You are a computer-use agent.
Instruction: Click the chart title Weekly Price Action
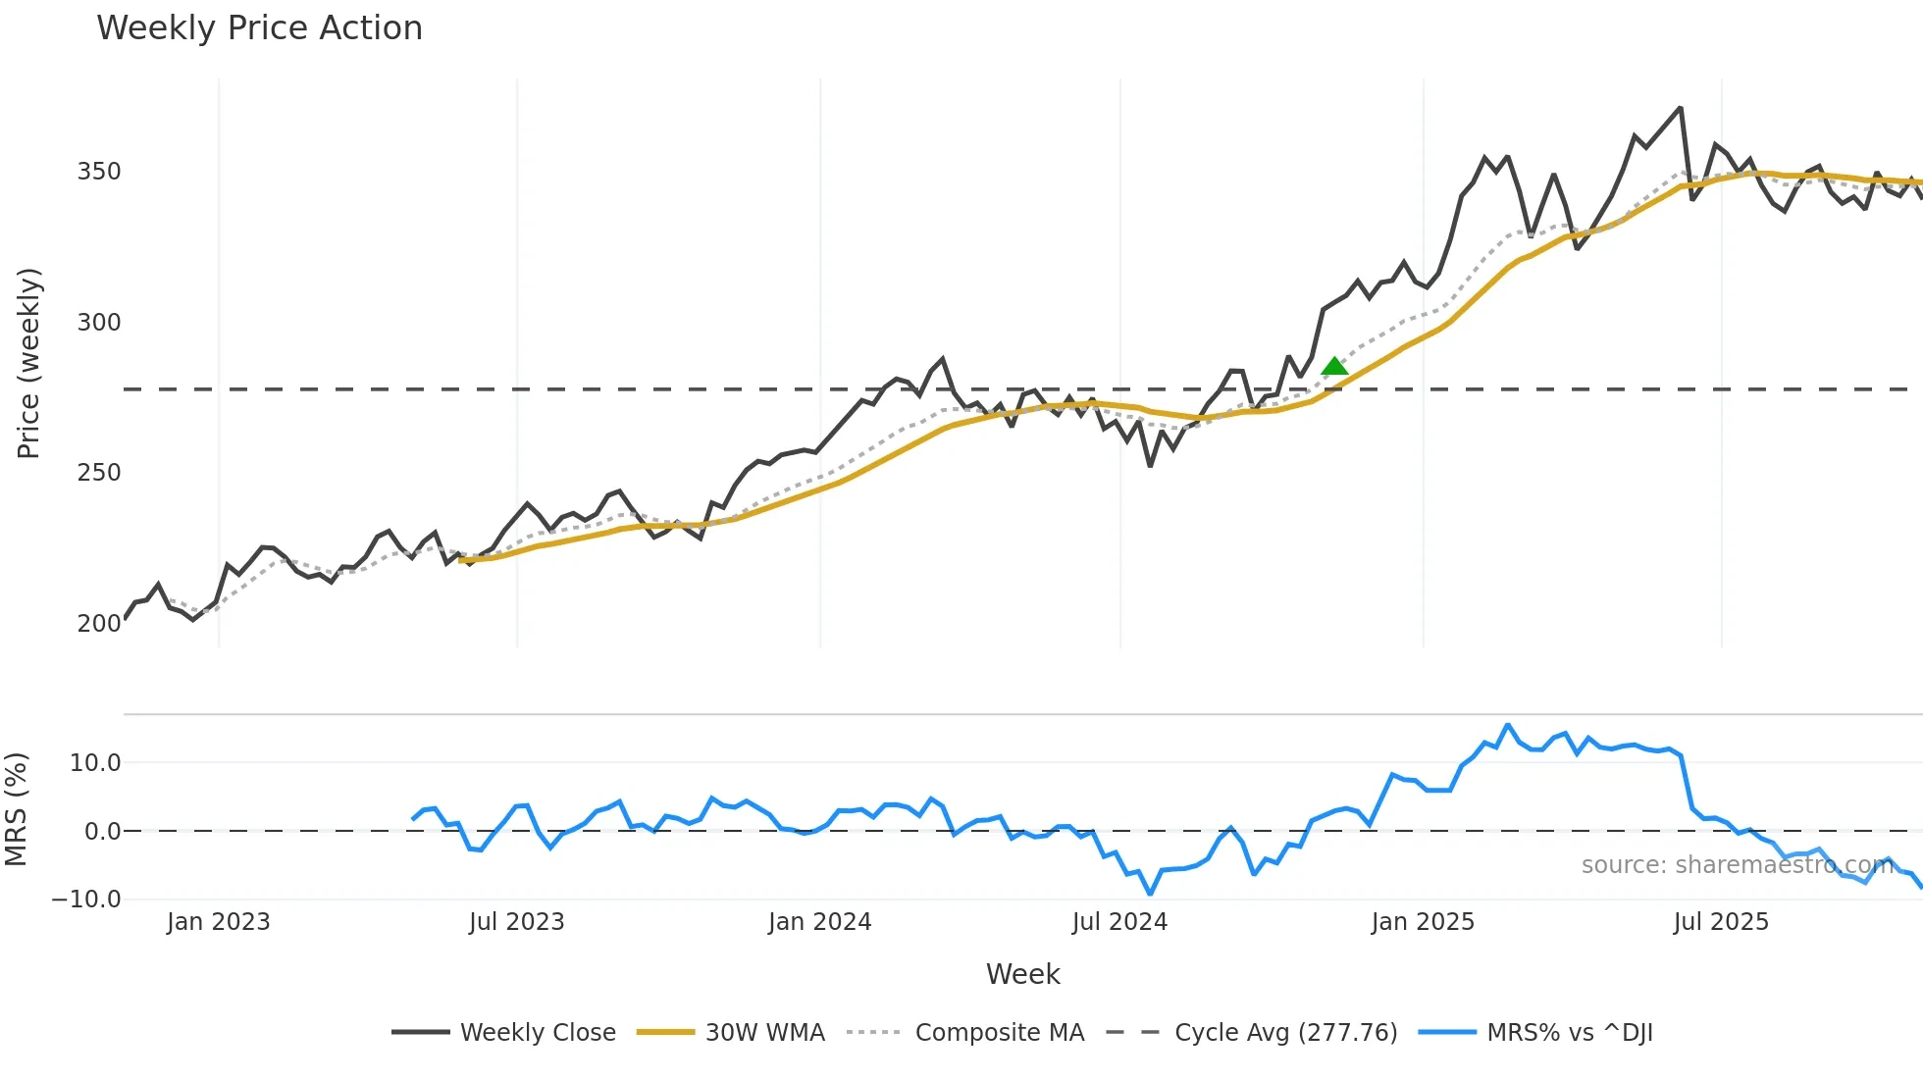coord(259,28)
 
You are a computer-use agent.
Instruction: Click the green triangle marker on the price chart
coord(1334,367)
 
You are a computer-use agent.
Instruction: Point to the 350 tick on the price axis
coord(99,172)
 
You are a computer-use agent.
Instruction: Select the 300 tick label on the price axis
coord(99,323)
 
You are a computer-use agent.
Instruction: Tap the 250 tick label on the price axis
coord(99,473)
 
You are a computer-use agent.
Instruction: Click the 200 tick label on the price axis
coord(99,624)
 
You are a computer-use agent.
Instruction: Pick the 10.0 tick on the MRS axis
coord(95,763)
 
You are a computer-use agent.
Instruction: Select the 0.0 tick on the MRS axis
coord(103,832)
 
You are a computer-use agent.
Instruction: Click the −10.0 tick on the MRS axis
coord(86,900)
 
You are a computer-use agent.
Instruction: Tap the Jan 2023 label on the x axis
coord(218,922)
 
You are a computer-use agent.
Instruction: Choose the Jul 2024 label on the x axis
coord(1119,922)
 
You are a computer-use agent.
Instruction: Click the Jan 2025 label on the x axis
coord(1423,922)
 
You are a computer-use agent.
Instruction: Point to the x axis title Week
coord(1022,974)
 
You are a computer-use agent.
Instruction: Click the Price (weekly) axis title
coord(28,363)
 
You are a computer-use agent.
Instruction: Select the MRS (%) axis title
coord(16,809)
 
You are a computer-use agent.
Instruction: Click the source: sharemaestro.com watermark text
coord(1737,865)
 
